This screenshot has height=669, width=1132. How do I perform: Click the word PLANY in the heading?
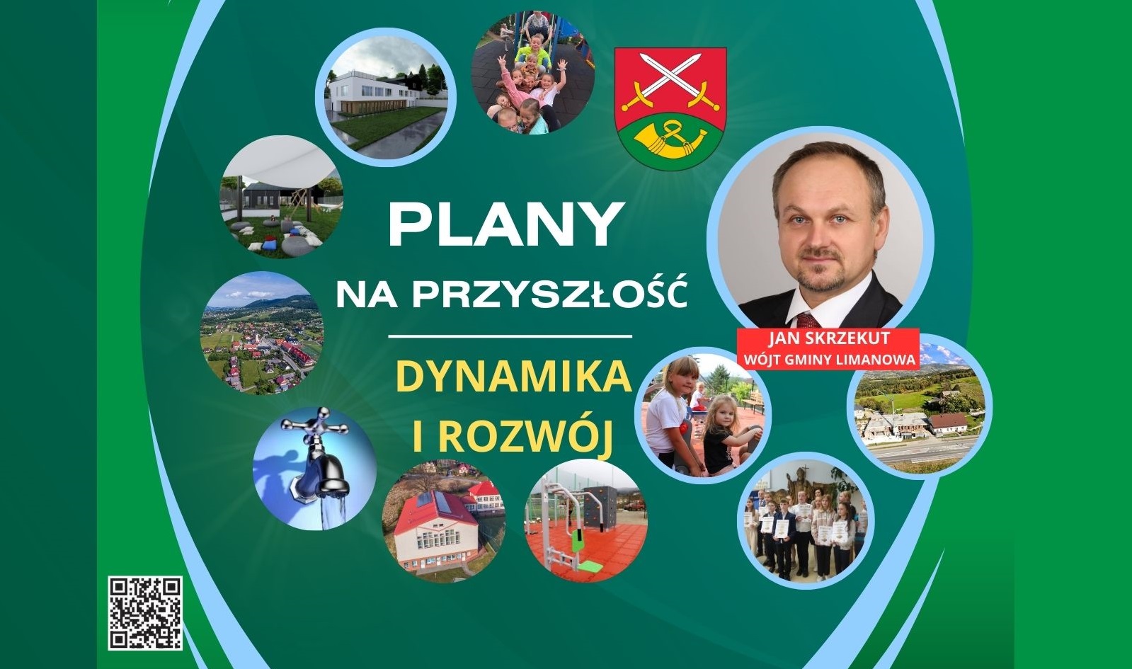pos(504,225)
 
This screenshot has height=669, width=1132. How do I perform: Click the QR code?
pos(145,613)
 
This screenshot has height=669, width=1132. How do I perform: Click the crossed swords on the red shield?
pos(670,82)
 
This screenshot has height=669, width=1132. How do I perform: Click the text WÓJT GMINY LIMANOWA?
pos(828,359)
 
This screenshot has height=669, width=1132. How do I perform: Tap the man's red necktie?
pos(808,321)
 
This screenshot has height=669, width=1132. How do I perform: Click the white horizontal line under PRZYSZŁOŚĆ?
pos(510,336)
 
